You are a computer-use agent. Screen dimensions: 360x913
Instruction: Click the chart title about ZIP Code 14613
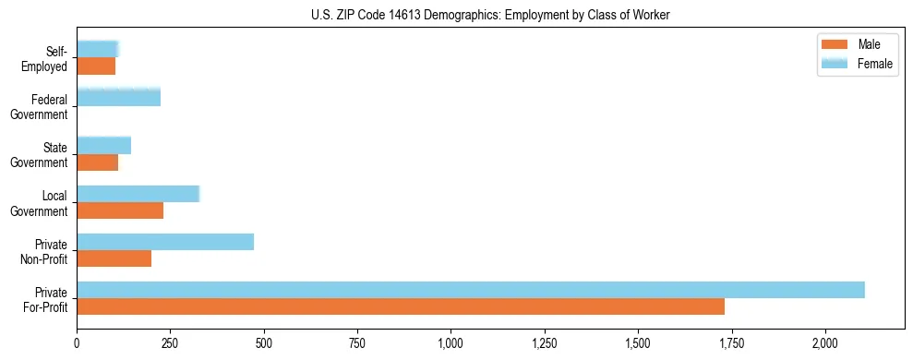tap(456, 14)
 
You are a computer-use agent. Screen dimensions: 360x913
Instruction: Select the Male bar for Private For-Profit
tap(400, 306)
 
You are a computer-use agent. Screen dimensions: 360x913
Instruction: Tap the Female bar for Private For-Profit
tap(470, 290)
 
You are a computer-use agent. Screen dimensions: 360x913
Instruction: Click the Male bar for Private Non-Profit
tap(114, 258)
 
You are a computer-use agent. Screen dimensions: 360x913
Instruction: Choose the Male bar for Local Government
tap(120, 210)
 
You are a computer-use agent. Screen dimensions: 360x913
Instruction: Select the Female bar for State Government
tap(103, 145)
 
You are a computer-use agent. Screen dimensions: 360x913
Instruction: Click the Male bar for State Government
tap(97, 162)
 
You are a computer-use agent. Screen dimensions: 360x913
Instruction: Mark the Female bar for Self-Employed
tap(98, 49)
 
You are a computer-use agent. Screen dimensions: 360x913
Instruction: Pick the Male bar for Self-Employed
tap(96, 66)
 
